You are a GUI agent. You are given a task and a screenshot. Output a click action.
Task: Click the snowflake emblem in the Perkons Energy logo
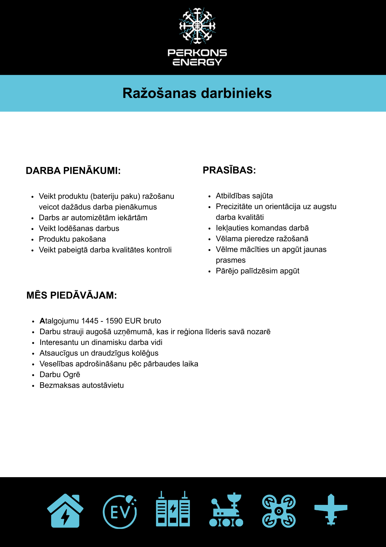(x=197, y=26)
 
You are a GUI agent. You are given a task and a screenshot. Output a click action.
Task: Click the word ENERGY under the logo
(x=197, y=62)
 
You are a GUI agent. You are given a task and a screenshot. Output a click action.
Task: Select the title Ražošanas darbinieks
(x=197, y=93)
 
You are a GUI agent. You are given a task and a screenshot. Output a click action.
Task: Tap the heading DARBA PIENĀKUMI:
(x=73, y=171)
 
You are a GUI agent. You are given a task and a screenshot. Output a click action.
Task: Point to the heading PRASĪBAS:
(x=229, y=170)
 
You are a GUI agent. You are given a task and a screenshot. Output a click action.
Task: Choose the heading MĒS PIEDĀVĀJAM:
(x=72, y=295)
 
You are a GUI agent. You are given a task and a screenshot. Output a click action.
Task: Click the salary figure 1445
(x=90, y=321)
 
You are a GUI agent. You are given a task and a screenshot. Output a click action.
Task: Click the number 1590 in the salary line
(x=114, y=321)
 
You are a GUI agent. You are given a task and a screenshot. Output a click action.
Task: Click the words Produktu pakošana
(x=72, y=239)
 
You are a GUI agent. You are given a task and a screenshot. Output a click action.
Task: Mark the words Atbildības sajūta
(x=244, y=196)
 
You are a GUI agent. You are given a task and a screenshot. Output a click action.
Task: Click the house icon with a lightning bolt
(x=65, y=511)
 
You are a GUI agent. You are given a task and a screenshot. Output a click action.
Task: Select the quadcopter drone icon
(x=279, y=511)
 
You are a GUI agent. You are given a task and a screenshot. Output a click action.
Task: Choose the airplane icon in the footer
(x=331, y=510)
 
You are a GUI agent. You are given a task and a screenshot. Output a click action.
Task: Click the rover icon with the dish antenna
(x=226, y=510)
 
